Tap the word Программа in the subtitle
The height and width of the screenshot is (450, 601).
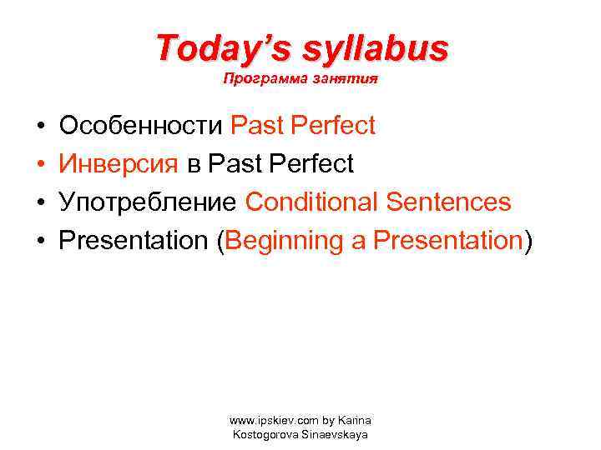(x=255, y=81)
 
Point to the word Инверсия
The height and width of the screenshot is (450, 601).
(x=119, y=164)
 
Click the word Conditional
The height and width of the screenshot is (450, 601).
(x=312, y=202)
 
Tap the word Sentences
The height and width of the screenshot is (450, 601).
(x=448, y=202)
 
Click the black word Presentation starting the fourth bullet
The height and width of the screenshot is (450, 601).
(x=133, y=241)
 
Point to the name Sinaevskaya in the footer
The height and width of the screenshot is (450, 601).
(x=336, y=434)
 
